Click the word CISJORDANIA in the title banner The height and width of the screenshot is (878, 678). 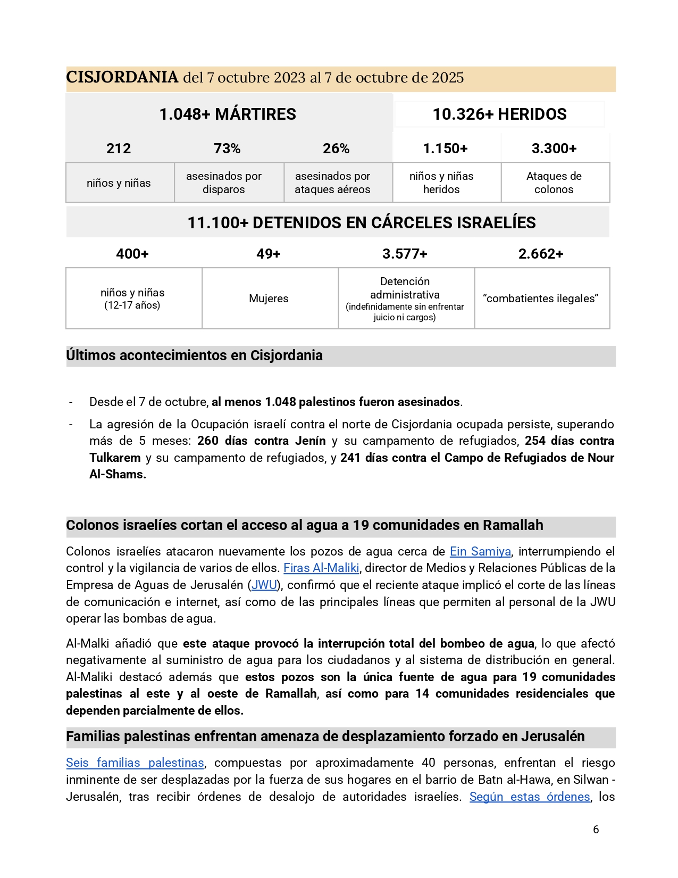[x=122, y=78]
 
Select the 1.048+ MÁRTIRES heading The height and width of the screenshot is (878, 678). [x=228, y=114]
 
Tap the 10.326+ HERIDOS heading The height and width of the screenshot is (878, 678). [x=499, y=114]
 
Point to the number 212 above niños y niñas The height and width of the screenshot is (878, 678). [x=119, y=148]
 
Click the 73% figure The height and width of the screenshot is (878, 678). [x=227, y=148]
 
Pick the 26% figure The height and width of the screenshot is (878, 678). [x=336, y=148]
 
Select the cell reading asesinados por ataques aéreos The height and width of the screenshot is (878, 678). [x=332, y=183]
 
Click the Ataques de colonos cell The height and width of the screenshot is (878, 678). [x=554, y=183]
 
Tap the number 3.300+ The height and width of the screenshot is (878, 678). [x=554, y=148]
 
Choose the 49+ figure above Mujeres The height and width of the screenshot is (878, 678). [x=268, y=254]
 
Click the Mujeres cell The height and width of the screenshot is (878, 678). [x=269, y=299]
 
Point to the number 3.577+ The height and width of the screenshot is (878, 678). [x=405, y=254]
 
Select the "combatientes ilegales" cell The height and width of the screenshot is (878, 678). [x=540, y=299]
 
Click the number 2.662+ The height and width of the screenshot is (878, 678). [x=540, y=254]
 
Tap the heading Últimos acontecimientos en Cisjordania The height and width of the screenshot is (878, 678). [x=194, y=355]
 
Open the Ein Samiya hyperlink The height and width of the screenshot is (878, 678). [x=480, y=551]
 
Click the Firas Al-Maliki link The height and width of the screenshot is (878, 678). [x=321, y=568]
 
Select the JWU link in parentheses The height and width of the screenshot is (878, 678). [x=264, y=585]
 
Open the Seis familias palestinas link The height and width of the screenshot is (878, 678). [x=135, y=763]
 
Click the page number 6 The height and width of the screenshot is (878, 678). [x=596, y=830]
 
